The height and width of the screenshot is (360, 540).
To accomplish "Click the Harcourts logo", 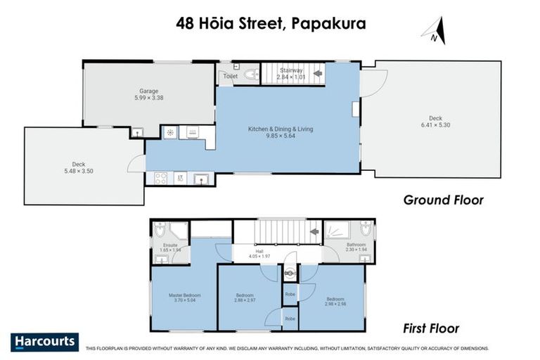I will point(45,342).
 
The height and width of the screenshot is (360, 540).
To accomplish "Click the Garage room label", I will point(148,91).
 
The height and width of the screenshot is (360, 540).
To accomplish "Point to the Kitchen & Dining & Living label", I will point(280,129).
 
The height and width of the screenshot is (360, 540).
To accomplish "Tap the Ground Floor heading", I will point(443,200).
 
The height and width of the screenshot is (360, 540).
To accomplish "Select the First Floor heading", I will point(431,328).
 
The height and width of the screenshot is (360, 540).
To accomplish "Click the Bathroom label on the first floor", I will point(356,245).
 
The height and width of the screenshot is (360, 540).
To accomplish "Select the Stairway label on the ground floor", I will point(290,70).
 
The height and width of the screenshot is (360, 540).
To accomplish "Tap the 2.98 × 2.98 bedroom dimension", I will point(334,304).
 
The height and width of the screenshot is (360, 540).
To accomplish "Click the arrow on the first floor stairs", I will point(314,231).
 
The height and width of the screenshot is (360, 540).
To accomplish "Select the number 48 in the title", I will point(186,23).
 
